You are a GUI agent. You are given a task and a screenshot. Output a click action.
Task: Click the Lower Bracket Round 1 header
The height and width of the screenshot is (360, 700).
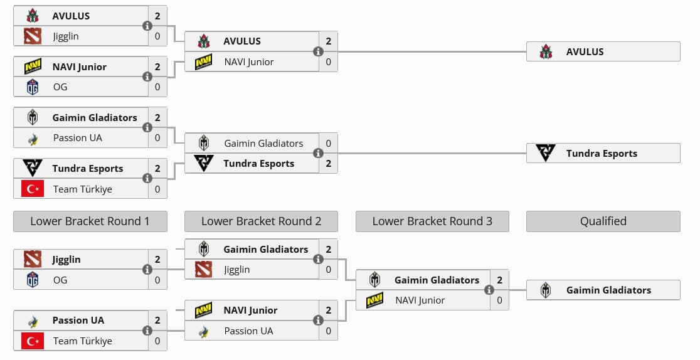point(90,221)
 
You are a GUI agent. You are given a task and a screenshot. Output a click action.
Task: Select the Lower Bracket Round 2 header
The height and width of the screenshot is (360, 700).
point(261,221)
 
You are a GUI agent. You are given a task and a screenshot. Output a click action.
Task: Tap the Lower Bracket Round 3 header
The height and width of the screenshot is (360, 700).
point(432,221)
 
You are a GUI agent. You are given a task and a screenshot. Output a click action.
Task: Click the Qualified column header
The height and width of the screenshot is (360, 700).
point(603,221)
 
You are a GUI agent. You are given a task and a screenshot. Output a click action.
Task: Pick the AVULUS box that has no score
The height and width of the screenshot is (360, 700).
point(603,51)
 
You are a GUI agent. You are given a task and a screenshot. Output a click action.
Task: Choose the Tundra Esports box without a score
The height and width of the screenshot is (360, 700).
point(603,153)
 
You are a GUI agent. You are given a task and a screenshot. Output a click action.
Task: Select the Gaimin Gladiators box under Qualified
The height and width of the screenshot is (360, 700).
point(603,290)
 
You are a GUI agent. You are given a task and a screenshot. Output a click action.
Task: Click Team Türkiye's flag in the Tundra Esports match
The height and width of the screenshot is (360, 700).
point(33,189)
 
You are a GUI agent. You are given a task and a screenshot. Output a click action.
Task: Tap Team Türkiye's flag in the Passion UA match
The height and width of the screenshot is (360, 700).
point(33,341)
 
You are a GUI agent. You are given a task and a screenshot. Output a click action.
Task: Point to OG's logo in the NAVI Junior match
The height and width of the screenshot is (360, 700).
point(33,87)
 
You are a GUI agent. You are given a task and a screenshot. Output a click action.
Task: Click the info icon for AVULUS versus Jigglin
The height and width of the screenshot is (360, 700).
point(147,26)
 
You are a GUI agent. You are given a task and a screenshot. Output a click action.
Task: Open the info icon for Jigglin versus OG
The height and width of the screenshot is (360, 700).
point(147,270)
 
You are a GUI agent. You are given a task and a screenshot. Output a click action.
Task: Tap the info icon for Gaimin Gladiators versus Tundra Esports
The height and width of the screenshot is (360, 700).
point(318,153)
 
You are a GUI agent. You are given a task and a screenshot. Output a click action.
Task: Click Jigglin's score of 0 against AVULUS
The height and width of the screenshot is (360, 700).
point(157,36)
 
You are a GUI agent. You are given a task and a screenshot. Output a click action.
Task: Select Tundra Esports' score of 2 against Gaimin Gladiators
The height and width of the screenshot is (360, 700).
point(328,164)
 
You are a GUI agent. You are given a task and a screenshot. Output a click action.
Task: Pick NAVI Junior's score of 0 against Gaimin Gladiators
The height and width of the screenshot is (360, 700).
point(499,300)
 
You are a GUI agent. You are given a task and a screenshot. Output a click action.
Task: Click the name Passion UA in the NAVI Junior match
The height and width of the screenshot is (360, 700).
point(248,331)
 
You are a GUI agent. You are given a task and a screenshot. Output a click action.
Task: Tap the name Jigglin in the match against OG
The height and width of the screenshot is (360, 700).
point(66,260)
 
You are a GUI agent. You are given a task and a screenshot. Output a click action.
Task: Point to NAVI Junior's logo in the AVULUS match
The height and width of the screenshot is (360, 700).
point(203,62)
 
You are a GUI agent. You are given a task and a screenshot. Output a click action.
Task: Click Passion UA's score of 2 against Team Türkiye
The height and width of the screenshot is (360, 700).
point(157,320)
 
